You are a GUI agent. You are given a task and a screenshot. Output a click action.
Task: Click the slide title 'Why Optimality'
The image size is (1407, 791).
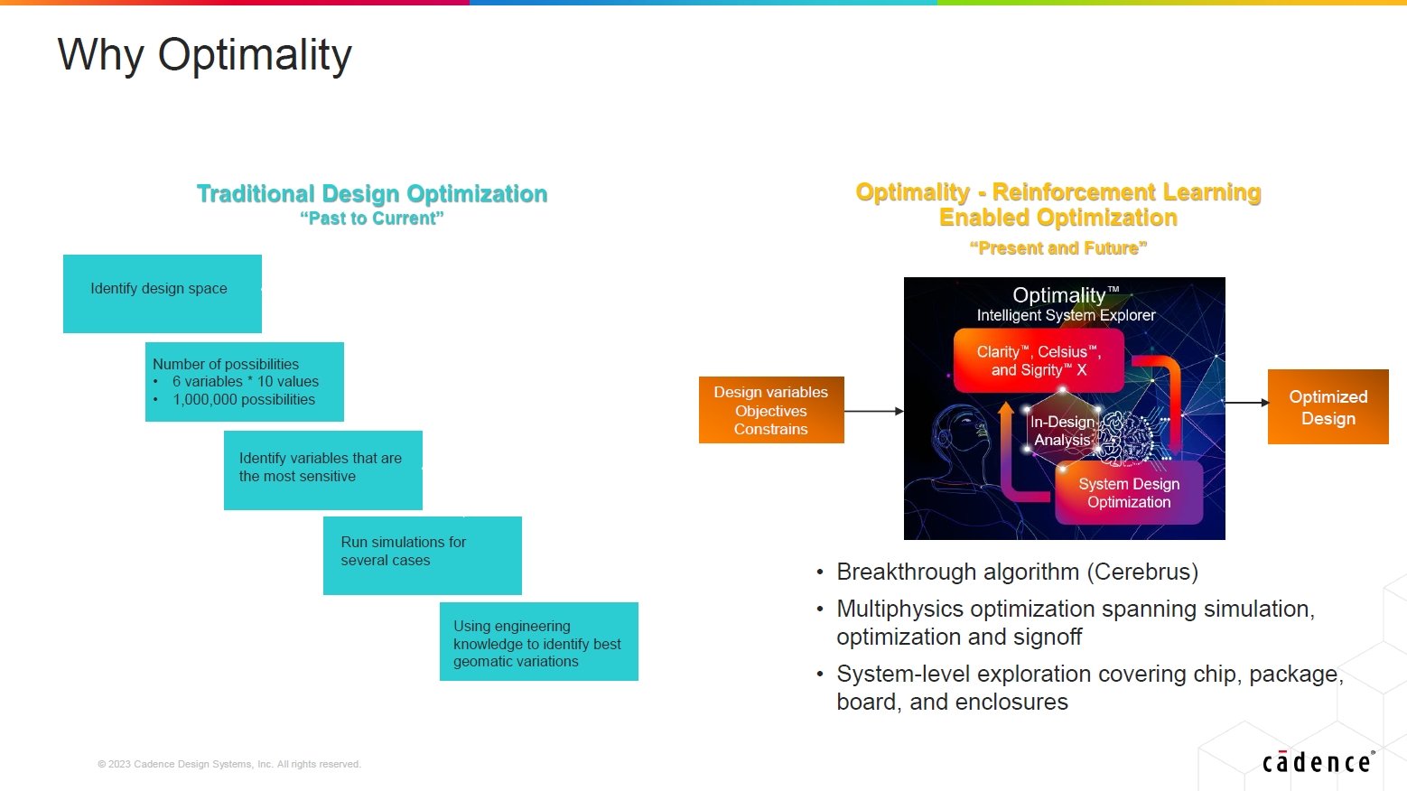click(205, 55)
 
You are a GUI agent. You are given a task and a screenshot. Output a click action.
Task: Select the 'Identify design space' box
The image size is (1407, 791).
click(162, 293)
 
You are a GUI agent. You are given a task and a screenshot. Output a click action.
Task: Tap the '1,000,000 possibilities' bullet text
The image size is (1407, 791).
click(244, 400)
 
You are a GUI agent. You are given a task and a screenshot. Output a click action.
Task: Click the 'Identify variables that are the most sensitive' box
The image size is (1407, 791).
click(323, 470)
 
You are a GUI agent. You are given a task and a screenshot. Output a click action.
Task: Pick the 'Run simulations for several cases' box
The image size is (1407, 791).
click(422, 555)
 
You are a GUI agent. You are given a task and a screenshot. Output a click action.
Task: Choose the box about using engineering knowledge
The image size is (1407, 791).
click(539, 641)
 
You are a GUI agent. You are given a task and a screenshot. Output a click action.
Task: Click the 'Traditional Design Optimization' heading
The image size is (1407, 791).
click(372, 193)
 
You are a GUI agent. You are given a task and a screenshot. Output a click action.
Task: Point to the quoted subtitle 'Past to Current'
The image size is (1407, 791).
click(372, 219)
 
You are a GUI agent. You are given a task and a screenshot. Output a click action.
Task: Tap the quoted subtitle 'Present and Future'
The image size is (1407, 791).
click(1058, 248)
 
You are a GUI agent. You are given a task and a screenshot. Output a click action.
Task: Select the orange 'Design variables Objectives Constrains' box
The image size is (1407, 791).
click(771, 410)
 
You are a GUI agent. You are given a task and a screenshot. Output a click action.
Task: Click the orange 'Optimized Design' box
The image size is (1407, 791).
click(1328, 407)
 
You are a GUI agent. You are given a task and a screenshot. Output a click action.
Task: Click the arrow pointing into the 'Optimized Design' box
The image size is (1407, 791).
click(1247, 402)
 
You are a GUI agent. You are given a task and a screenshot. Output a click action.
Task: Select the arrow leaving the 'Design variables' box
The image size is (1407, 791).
click(873, 411)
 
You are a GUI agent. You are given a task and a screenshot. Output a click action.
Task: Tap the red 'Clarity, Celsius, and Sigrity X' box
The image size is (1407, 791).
click(1039, 360)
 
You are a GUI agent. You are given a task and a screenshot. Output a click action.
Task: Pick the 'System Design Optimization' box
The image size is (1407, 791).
click(1129, 492)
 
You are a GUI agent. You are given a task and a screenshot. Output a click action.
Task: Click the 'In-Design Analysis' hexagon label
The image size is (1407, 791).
click(1062, 431)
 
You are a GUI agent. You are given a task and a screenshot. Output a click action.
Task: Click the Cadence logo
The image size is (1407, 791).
click(1318, 761)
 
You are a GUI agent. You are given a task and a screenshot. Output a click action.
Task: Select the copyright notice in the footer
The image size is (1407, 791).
click(229, 764)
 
